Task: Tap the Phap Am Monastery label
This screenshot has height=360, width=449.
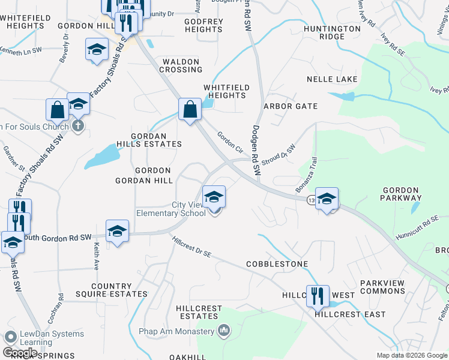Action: point(184,331)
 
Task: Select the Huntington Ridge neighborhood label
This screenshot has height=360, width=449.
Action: point(332,32)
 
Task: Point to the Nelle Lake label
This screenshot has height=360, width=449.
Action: point(332,79)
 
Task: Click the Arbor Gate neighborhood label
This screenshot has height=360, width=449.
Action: point(291,106)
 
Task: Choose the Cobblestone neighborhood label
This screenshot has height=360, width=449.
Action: point(277,264)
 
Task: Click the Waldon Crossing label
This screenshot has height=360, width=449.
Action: point(181,65)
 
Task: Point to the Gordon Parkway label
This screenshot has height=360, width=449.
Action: point(401,194)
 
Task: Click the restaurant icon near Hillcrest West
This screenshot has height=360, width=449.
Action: point(317,296)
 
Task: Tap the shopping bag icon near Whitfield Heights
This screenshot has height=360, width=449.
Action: point(190,110)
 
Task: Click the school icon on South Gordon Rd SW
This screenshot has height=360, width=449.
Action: point(118,232)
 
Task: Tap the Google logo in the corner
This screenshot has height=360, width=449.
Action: point(20,353)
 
